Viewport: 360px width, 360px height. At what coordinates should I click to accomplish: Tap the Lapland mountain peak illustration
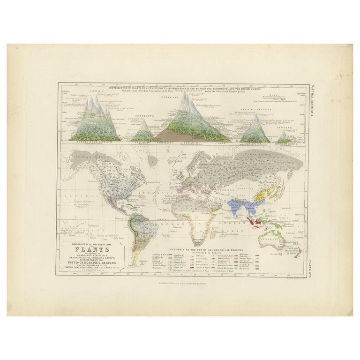coord(284,137)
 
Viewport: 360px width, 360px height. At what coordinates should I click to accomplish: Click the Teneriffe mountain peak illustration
coord(145,132)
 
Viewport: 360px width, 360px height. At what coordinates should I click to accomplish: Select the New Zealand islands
coord(297,248)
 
